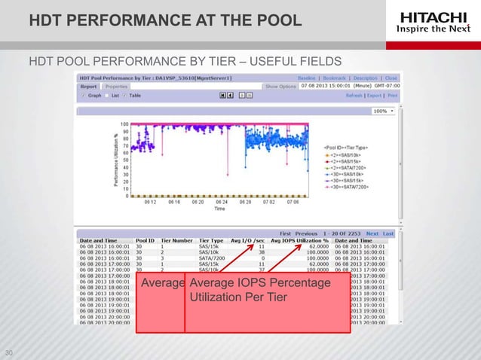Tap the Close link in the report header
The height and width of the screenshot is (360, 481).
391,78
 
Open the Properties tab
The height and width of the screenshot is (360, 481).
115,87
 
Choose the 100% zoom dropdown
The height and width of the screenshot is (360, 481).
382,111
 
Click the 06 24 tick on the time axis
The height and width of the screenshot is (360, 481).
221,202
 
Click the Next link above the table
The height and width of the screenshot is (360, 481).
370,233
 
